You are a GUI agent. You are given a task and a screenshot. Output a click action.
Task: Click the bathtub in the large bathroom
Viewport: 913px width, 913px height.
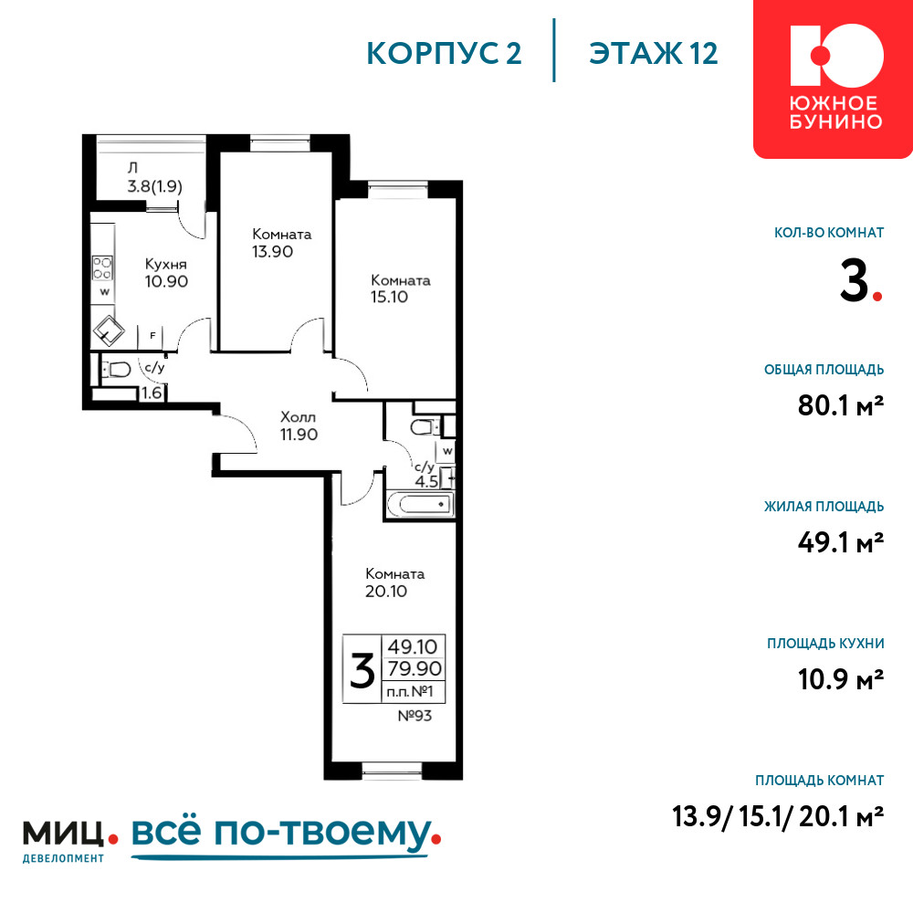point(419,504)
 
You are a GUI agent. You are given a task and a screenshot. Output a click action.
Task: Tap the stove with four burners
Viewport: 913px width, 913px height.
point(102,268)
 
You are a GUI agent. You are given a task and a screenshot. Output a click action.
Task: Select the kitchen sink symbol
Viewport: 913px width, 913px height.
point(109,331)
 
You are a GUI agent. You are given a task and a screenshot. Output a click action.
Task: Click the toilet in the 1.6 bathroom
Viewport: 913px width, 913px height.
point(117,369)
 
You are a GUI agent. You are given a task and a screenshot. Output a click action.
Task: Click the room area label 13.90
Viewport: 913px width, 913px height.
point(272,252)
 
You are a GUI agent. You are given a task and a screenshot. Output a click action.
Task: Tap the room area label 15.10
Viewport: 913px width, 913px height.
point(390,297)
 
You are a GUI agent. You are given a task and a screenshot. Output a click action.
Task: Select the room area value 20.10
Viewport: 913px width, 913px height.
point(386,592)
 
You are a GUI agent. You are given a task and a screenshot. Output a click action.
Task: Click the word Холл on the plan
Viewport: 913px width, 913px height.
point(299,417)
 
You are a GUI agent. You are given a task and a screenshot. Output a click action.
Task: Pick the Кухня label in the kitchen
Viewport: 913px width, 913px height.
point(166,265)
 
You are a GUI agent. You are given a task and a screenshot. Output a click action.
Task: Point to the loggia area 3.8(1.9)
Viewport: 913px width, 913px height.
point(155,186)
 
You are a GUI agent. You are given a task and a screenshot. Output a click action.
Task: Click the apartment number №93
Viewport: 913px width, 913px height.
point(415,716)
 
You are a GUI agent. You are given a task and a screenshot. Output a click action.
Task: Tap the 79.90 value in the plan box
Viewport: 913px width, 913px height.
point(415,668)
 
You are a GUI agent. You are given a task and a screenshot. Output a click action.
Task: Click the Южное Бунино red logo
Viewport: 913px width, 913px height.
point(834,79)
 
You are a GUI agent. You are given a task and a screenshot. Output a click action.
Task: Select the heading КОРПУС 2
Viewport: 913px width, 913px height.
point(444,53)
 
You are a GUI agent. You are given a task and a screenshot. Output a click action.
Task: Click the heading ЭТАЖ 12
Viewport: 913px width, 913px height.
point(654,53)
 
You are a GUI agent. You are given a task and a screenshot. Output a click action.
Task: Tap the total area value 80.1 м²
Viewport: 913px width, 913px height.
point(841,405)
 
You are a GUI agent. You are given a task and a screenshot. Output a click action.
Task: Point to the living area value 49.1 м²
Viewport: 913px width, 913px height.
point(841,542)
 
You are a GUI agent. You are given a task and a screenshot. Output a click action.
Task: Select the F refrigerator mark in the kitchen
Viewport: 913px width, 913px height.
point(152,335)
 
